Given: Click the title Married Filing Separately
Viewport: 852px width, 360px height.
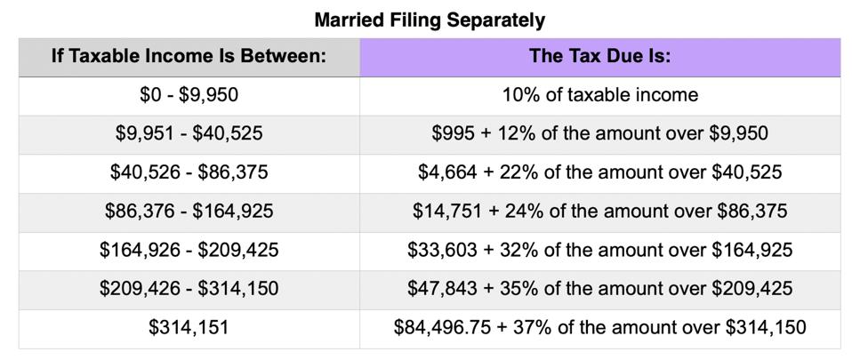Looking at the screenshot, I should point(430,19).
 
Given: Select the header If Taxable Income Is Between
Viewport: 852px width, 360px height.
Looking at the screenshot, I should point(189,57).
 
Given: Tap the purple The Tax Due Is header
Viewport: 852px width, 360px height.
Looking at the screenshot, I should point(599,57).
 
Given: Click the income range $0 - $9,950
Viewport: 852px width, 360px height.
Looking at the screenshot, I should point(189,95).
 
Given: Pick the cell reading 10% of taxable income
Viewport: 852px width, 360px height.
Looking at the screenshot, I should point(599,95).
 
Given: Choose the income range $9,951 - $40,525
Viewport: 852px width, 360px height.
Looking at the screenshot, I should point(189,134).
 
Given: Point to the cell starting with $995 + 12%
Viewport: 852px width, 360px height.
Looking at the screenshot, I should point(599,134).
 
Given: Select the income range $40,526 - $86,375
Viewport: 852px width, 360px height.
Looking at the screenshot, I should point(189,172).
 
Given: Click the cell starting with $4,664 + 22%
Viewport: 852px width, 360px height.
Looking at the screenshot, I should point(599,172).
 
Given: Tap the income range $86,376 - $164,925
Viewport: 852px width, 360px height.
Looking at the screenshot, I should point(189,212).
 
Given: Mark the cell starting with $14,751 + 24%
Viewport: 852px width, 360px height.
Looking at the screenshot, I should point(599,212).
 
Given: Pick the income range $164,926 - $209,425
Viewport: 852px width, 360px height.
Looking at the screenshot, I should point(189,251).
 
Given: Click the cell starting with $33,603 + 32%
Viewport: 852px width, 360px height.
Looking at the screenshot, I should point(599,251).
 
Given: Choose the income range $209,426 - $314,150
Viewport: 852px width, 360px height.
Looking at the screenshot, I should point(189,289).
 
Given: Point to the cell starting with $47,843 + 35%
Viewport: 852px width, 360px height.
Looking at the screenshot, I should point(599,289).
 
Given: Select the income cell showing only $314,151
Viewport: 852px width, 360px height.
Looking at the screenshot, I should point(189,328).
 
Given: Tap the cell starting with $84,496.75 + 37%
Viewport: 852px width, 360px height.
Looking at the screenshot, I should point(599,328).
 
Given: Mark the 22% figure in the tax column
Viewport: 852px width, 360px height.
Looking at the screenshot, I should point(502,172).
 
